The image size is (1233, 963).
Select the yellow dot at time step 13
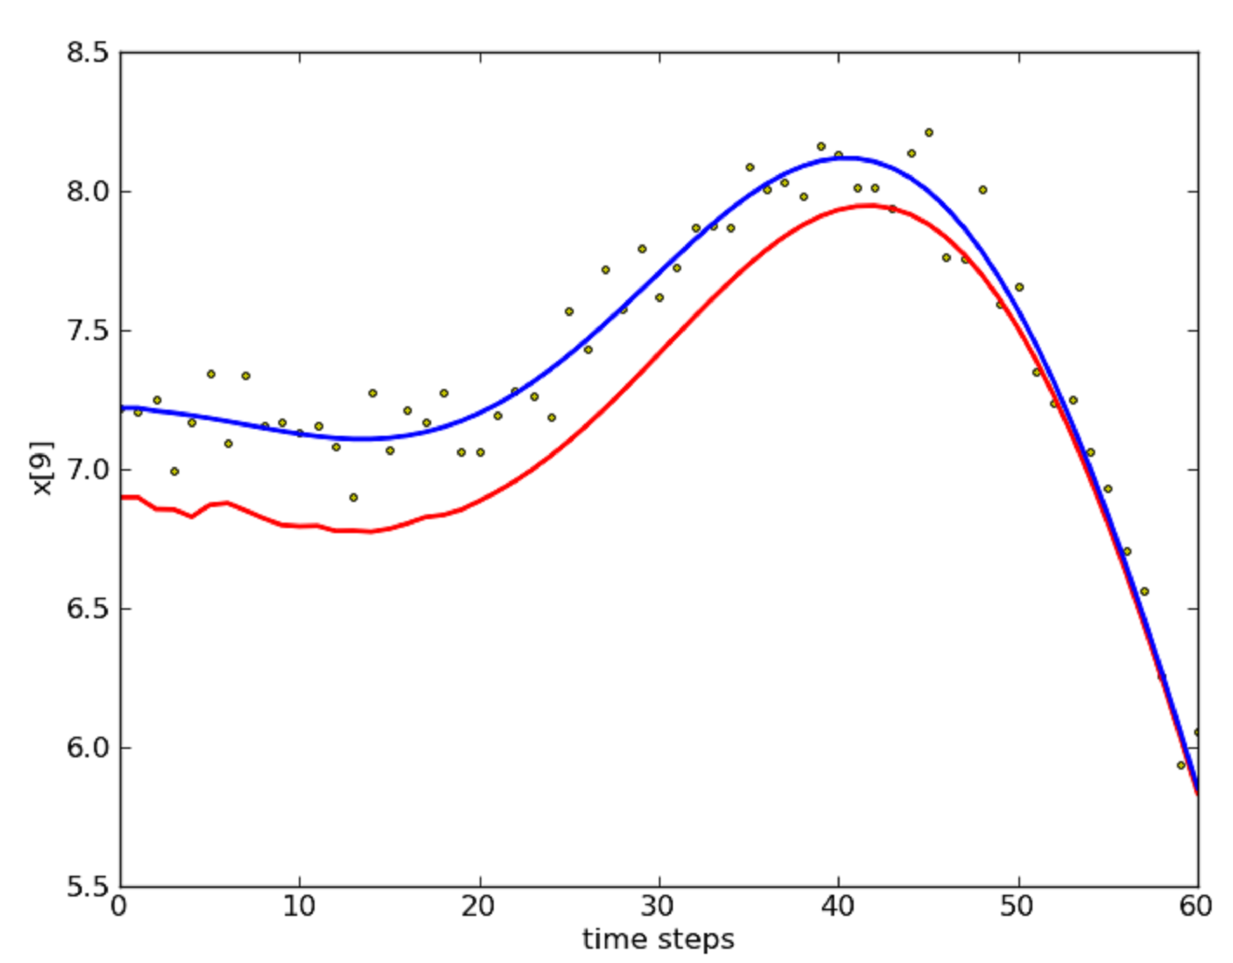353,497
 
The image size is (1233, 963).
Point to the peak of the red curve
869,205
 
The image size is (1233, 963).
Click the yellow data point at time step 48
983,190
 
